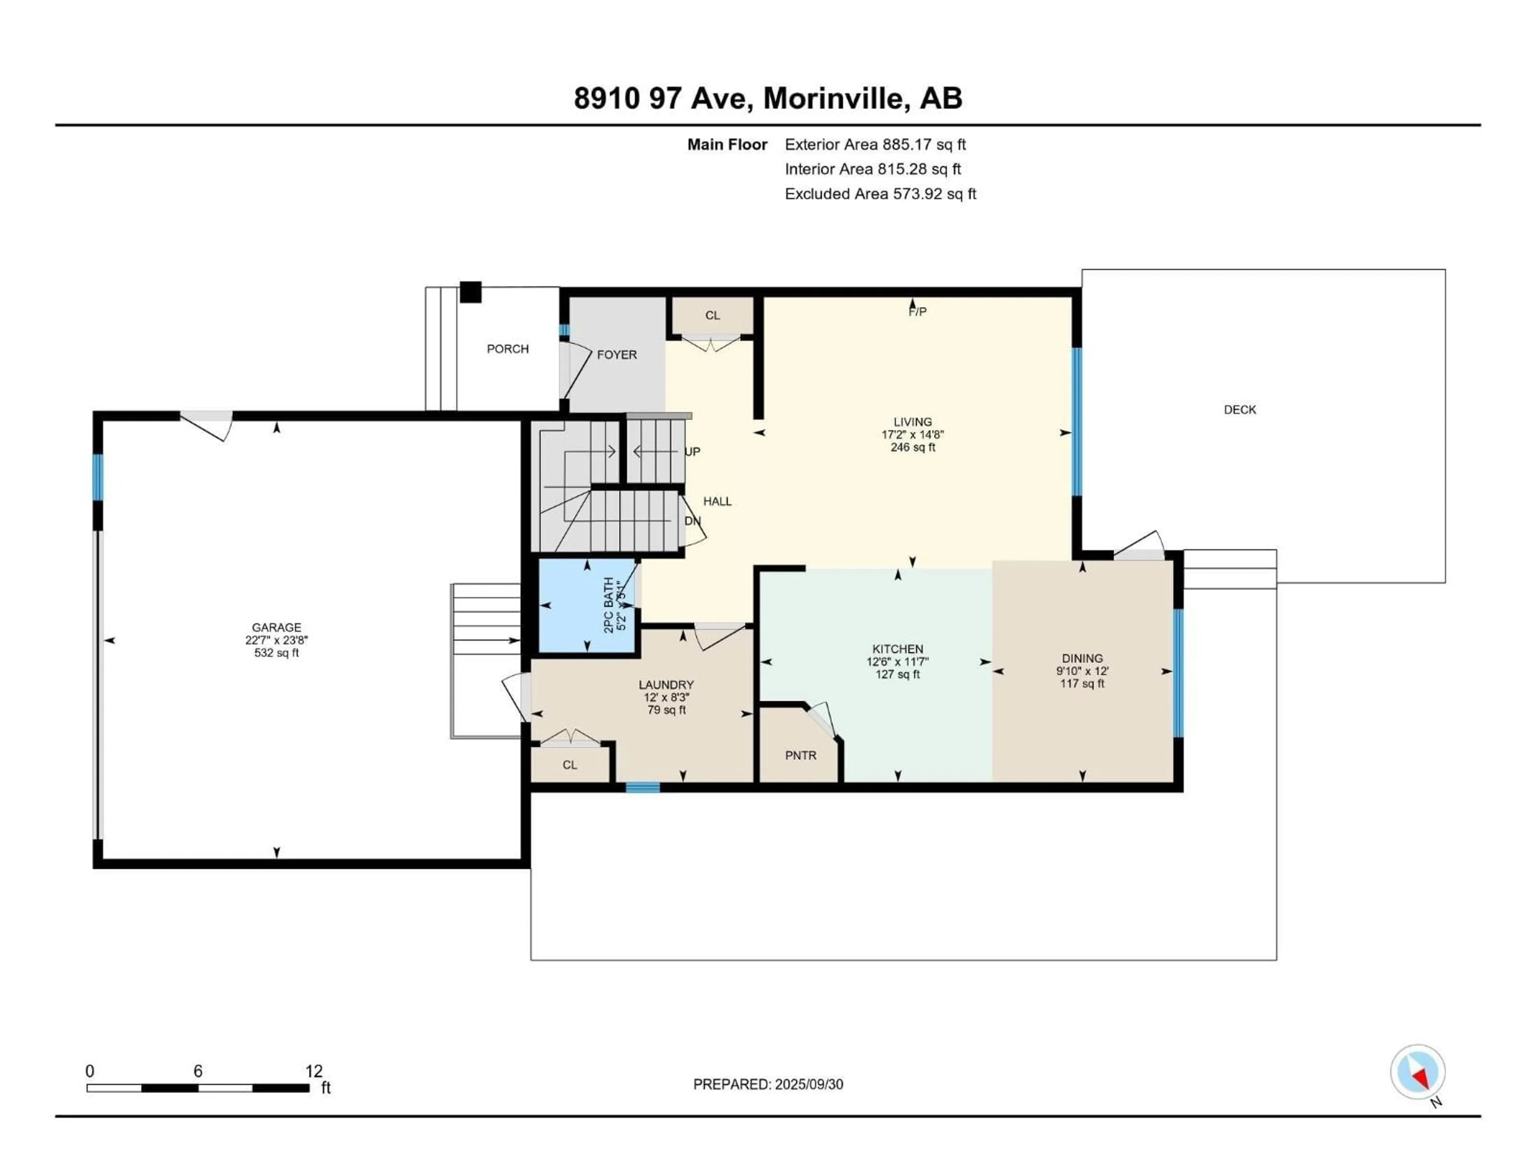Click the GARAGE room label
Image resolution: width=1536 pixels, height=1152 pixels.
point(276,627)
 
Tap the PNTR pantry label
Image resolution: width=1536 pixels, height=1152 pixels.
point(801,756)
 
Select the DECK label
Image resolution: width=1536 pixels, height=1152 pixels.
point(1240,410)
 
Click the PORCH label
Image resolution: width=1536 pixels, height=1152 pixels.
point(508,348)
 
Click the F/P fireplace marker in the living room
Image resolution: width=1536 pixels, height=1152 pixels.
point(917,312)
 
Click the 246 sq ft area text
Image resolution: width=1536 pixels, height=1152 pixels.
point(912,447)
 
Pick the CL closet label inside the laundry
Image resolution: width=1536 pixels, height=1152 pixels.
point(570,765)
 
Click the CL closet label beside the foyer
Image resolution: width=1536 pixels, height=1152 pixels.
point(712,315)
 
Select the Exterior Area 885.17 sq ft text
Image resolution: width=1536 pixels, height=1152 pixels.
point(875,144)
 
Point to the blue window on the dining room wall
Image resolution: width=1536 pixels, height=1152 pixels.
point(1178,672)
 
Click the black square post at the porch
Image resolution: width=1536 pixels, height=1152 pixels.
point(470,292)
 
